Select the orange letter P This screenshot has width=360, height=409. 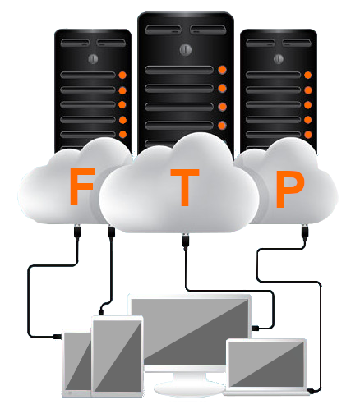click(x=289, y=189)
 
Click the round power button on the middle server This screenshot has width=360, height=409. click(x=186, y=49)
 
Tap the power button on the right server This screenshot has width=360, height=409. click(x=279, y=59)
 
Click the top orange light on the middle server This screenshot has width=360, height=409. click(x=222, y=70)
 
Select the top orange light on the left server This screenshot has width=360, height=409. click(x=122, y=76)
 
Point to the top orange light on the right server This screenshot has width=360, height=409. click(x=308, y=75)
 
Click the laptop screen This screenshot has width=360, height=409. click(x=266, y=363)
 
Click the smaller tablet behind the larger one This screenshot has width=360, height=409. click(x=76, y=363)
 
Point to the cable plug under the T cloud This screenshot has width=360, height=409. click(x=185, y=242)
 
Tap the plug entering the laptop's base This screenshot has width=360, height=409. click(x=312, y=391)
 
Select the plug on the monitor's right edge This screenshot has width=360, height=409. click(x=256, y=328)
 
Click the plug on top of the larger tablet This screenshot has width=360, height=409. click(x=101, y=312)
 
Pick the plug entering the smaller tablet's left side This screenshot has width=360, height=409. click(x=58, y=336)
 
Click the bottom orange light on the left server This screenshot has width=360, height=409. click(x=122, y=135)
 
